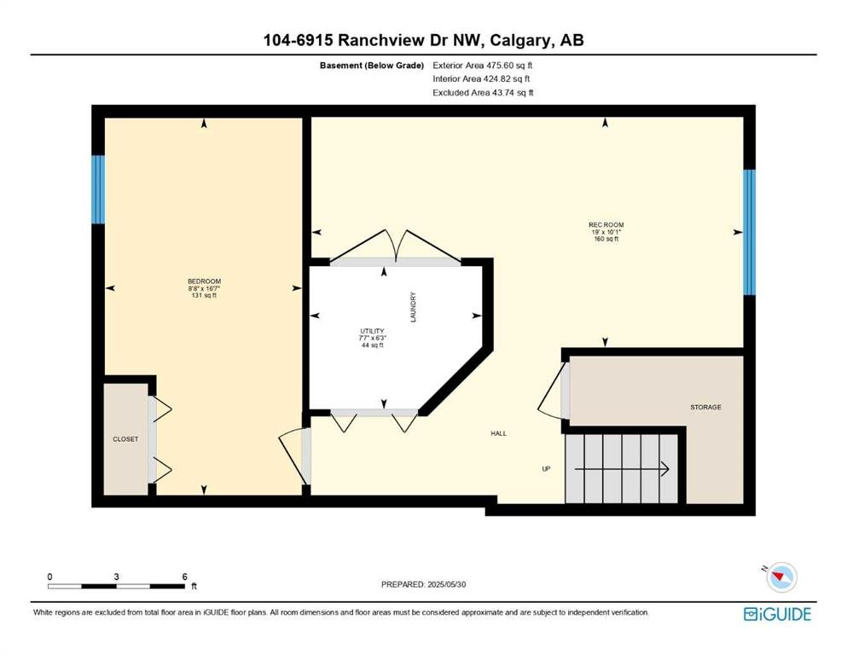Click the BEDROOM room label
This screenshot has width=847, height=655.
204,281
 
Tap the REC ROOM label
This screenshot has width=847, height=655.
606,224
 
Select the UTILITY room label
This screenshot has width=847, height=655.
372,331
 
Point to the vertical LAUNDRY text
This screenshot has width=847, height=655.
413,307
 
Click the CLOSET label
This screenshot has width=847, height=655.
125,439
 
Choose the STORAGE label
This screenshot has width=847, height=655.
705,407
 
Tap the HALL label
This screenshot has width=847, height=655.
499,433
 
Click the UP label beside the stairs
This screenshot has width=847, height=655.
546,469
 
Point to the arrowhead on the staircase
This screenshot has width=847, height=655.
666,469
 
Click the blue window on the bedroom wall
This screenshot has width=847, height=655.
98,189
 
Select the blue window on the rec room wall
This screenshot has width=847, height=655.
749,232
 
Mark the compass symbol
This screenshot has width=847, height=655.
781,577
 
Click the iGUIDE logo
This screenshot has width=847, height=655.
777,615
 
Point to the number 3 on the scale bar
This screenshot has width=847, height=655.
116,577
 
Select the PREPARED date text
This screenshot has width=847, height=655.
423,584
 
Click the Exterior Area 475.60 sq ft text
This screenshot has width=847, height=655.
483,66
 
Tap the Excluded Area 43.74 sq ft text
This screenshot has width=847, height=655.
483,92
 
